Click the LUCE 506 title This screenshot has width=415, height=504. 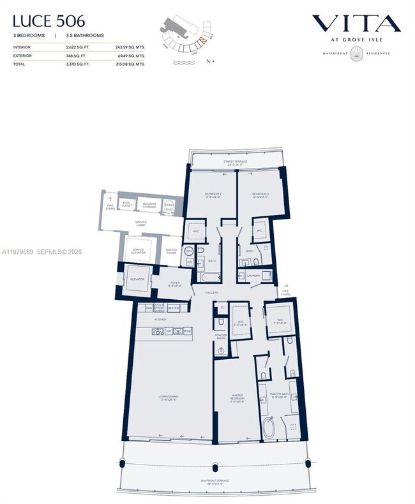49,22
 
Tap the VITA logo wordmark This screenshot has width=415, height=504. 356,24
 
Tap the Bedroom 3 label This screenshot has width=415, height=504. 260,195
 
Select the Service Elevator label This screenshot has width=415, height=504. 139,251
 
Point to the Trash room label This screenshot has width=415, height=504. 170,204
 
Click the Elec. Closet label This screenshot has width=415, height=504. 128,205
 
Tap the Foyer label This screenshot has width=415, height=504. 174,284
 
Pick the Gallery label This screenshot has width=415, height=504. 213,293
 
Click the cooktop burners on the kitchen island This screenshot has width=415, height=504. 157,331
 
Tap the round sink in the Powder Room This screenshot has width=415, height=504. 222,350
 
